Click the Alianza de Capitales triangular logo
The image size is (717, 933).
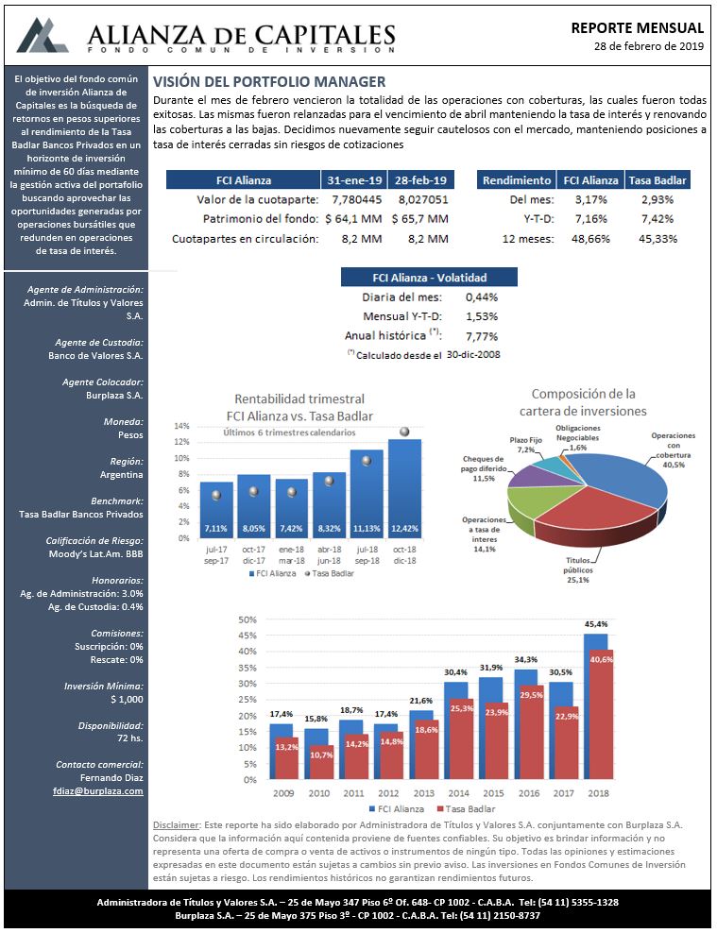(x=42, y=36)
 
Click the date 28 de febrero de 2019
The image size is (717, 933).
(x=649, y=46)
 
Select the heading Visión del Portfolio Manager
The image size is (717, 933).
(x=269, y=82)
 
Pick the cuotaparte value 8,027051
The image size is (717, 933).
(x=423, y=199)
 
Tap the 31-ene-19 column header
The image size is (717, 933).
(x=354, y=180)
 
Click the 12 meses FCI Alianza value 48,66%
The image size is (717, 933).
(x=590, y=239)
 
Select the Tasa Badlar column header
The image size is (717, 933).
(x=657, y=180)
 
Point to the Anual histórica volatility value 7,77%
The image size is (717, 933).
(x=482, y=336)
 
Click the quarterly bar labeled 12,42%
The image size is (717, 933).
(x=404, y=488)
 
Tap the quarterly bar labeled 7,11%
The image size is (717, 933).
(x=216, y=510)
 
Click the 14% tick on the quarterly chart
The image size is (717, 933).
(x=181, y=426)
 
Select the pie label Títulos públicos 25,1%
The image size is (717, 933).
(x=578, y=570)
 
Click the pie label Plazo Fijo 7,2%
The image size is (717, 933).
(x=526, y=445)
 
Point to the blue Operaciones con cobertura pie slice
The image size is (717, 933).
(x=619, y=479)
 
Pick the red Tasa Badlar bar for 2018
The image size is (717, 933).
(x=601, y=714)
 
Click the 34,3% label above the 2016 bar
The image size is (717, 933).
(x=526, y=660)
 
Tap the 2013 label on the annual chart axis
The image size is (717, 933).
(x=423, y=793)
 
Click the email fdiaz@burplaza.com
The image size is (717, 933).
(x=98, y=791)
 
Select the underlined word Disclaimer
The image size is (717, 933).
(x=176, y=825)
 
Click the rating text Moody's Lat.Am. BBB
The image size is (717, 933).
(x=95, y=554)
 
